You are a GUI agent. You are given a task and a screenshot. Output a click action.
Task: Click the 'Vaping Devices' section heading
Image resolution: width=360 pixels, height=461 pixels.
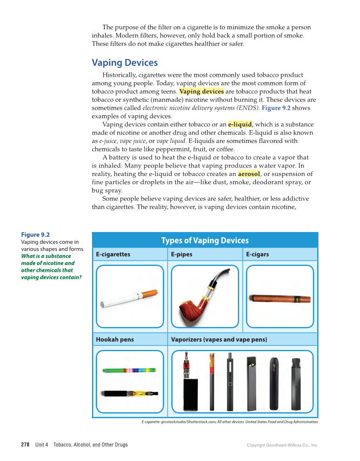[x=125, y=63]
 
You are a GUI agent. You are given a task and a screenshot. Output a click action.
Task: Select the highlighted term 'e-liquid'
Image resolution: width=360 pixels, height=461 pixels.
[x=240, y=124]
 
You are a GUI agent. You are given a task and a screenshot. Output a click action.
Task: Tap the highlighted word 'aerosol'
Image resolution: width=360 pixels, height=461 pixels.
[x=249, y=174]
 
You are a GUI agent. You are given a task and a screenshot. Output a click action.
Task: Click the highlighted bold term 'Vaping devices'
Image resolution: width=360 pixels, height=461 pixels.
[x=201, y=92]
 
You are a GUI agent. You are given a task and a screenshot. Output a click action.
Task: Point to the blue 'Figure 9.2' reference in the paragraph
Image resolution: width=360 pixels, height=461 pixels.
[x=276, y=108]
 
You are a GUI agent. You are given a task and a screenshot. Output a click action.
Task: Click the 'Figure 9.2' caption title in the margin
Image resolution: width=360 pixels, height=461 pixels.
[x=35, y=235]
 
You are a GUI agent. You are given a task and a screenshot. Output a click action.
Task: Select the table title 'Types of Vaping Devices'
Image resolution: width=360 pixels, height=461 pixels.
[x=205, y=240]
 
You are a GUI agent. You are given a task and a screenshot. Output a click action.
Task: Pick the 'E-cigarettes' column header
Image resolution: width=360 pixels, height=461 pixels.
[x=113, y=254]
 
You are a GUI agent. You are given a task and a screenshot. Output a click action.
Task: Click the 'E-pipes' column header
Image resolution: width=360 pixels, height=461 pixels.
[x=181, y=254]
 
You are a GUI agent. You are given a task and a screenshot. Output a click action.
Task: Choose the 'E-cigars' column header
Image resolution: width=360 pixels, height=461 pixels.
[x=257, y=254]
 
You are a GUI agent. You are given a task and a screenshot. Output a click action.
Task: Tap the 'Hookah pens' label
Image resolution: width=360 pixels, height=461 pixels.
[x=114, y=339]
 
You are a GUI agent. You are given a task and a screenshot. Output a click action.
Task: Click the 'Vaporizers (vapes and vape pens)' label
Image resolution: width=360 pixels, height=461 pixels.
[x=219, y=339]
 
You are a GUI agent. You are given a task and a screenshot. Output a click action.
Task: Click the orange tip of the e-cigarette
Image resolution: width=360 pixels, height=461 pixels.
[x=149, y=293]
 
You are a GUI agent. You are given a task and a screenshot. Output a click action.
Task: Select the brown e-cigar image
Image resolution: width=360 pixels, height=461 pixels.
[x=279, y=299]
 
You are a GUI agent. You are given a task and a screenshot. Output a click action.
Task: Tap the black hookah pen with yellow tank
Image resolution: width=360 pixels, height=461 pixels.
[x=129, y=394]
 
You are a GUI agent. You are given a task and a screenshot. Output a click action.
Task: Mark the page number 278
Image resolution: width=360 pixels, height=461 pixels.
[x=25, y=445]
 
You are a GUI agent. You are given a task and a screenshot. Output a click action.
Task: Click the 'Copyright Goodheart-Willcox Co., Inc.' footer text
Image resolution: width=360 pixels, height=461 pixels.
[x=282, y=445]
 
